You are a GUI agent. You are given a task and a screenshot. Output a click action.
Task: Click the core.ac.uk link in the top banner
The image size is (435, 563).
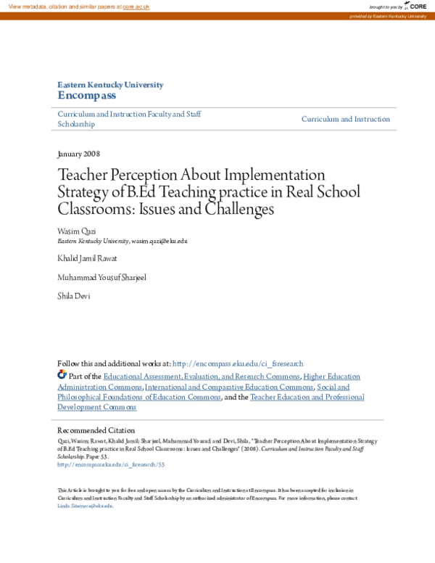[x=136, y=6]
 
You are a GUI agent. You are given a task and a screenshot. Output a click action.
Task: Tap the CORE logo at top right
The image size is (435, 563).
[x=415, y=6]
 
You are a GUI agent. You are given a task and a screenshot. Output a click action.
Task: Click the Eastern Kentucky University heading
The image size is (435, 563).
[x=110, y=85]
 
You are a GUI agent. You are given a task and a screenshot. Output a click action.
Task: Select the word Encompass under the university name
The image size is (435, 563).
[x=86, y=95]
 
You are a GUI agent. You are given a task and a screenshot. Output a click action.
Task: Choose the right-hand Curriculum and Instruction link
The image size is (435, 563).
[x=346, y=119]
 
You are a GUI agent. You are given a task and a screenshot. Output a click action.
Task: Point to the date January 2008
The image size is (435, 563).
[x=78, y=154]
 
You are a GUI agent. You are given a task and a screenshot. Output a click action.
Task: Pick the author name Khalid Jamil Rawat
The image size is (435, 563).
[x=87, y=258]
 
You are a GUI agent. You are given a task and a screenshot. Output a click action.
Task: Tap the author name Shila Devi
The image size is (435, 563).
[x=74, y=296]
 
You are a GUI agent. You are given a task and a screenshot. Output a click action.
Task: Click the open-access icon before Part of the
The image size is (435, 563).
[x=62, y=375]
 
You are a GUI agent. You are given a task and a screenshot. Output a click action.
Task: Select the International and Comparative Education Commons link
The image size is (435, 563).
[x=229, y=387]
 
